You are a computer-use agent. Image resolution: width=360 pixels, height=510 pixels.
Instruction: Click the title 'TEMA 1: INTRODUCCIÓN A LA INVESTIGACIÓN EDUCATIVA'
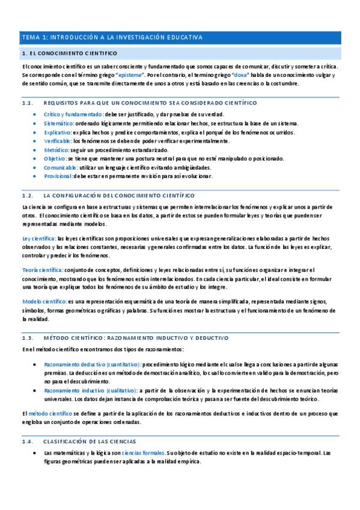coord(112,37)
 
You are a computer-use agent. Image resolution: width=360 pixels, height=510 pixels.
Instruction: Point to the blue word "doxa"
coord(240,75)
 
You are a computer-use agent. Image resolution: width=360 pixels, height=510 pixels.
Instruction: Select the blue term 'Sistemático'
coord(59,123)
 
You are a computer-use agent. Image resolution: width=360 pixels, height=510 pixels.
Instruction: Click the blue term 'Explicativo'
coord(58,132)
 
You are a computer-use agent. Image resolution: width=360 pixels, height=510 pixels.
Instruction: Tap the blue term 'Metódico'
coord(56,150)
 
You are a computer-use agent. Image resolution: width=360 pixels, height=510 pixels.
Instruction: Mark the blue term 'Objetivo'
coord(55,159)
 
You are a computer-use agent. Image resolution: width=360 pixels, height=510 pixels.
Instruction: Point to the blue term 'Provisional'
coord(58,176)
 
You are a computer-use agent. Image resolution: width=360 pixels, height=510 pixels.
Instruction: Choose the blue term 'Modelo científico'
coord(44,301)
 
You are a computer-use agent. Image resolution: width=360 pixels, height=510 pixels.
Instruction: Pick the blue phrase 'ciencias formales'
coord(144,452)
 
